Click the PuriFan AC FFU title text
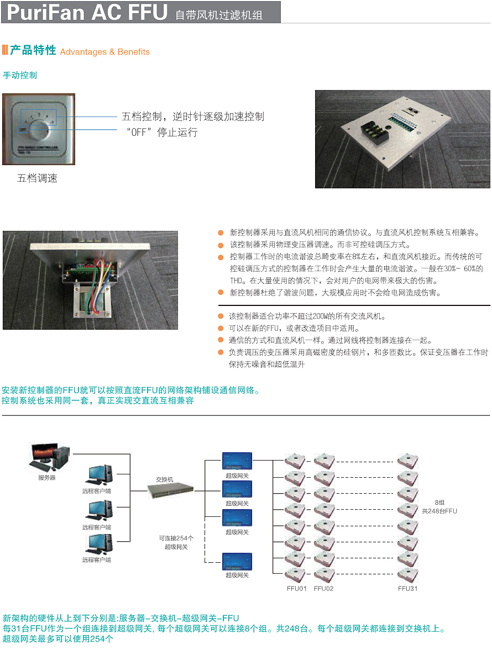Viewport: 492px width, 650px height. (87, 12)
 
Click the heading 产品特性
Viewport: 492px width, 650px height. (33, 50)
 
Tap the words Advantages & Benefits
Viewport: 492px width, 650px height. (105, 52)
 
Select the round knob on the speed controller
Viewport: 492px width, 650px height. (39, 131)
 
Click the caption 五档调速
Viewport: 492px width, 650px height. (37, 178)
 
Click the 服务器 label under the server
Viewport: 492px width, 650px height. (47, 477)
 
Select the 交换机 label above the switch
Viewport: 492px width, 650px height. (164, 479)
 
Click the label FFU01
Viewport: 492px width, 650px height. (296, 589)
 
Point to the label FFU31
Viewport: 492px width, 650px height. (408, 589)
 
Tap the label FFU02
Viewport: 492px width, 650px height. (324, 589)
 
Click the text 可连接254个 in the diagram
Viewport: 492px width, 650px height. (176, 538)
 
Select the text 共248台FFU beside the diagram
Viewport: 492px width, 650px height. (439, 511)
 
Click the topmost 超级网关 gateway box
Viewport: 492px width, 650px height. (237, 461)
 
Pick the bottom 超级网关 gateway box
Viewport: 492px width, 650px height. (237, 562)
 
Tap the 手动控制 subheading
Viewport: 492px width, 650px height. (20, 75)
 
